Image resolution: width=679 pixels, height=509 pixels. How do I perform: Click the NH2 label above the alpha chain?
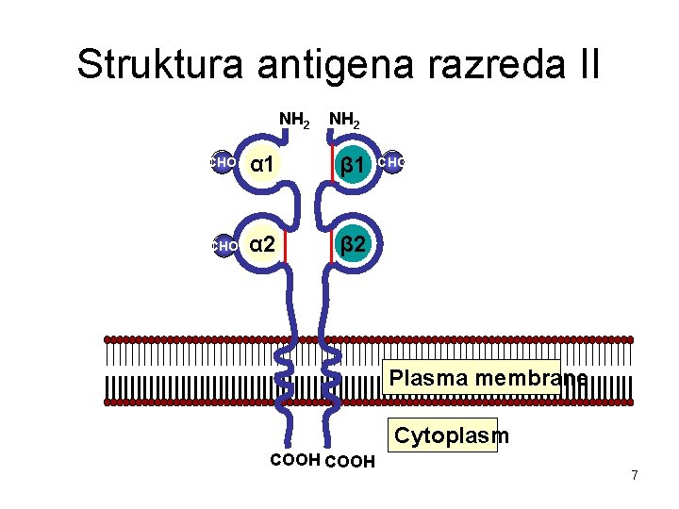(295, 121)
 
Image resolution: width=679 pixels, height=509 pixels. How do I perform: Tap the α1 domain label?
(263, 165)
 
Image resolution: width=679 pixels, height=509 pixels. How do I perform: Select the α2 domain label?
(263, 245)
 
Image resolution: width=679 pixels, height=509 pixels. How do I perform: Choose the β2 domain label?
(354, 246)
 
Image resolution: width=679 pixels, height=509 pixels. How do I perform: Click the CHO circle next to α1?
(222, 162)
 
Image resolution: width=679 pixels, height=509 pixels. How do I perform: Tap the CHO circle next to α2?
(223, 246)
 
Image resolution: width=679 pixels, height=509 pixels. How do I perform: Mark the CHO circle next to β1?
(390, 162)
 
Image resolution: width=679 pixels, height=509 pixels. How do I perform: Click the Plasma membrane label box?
(474, 378)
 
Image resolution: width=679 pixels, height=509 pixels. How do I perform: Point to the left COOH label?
(294, 460)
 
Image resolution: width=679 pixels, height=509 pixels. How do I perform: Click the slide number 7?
(635, 475)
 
